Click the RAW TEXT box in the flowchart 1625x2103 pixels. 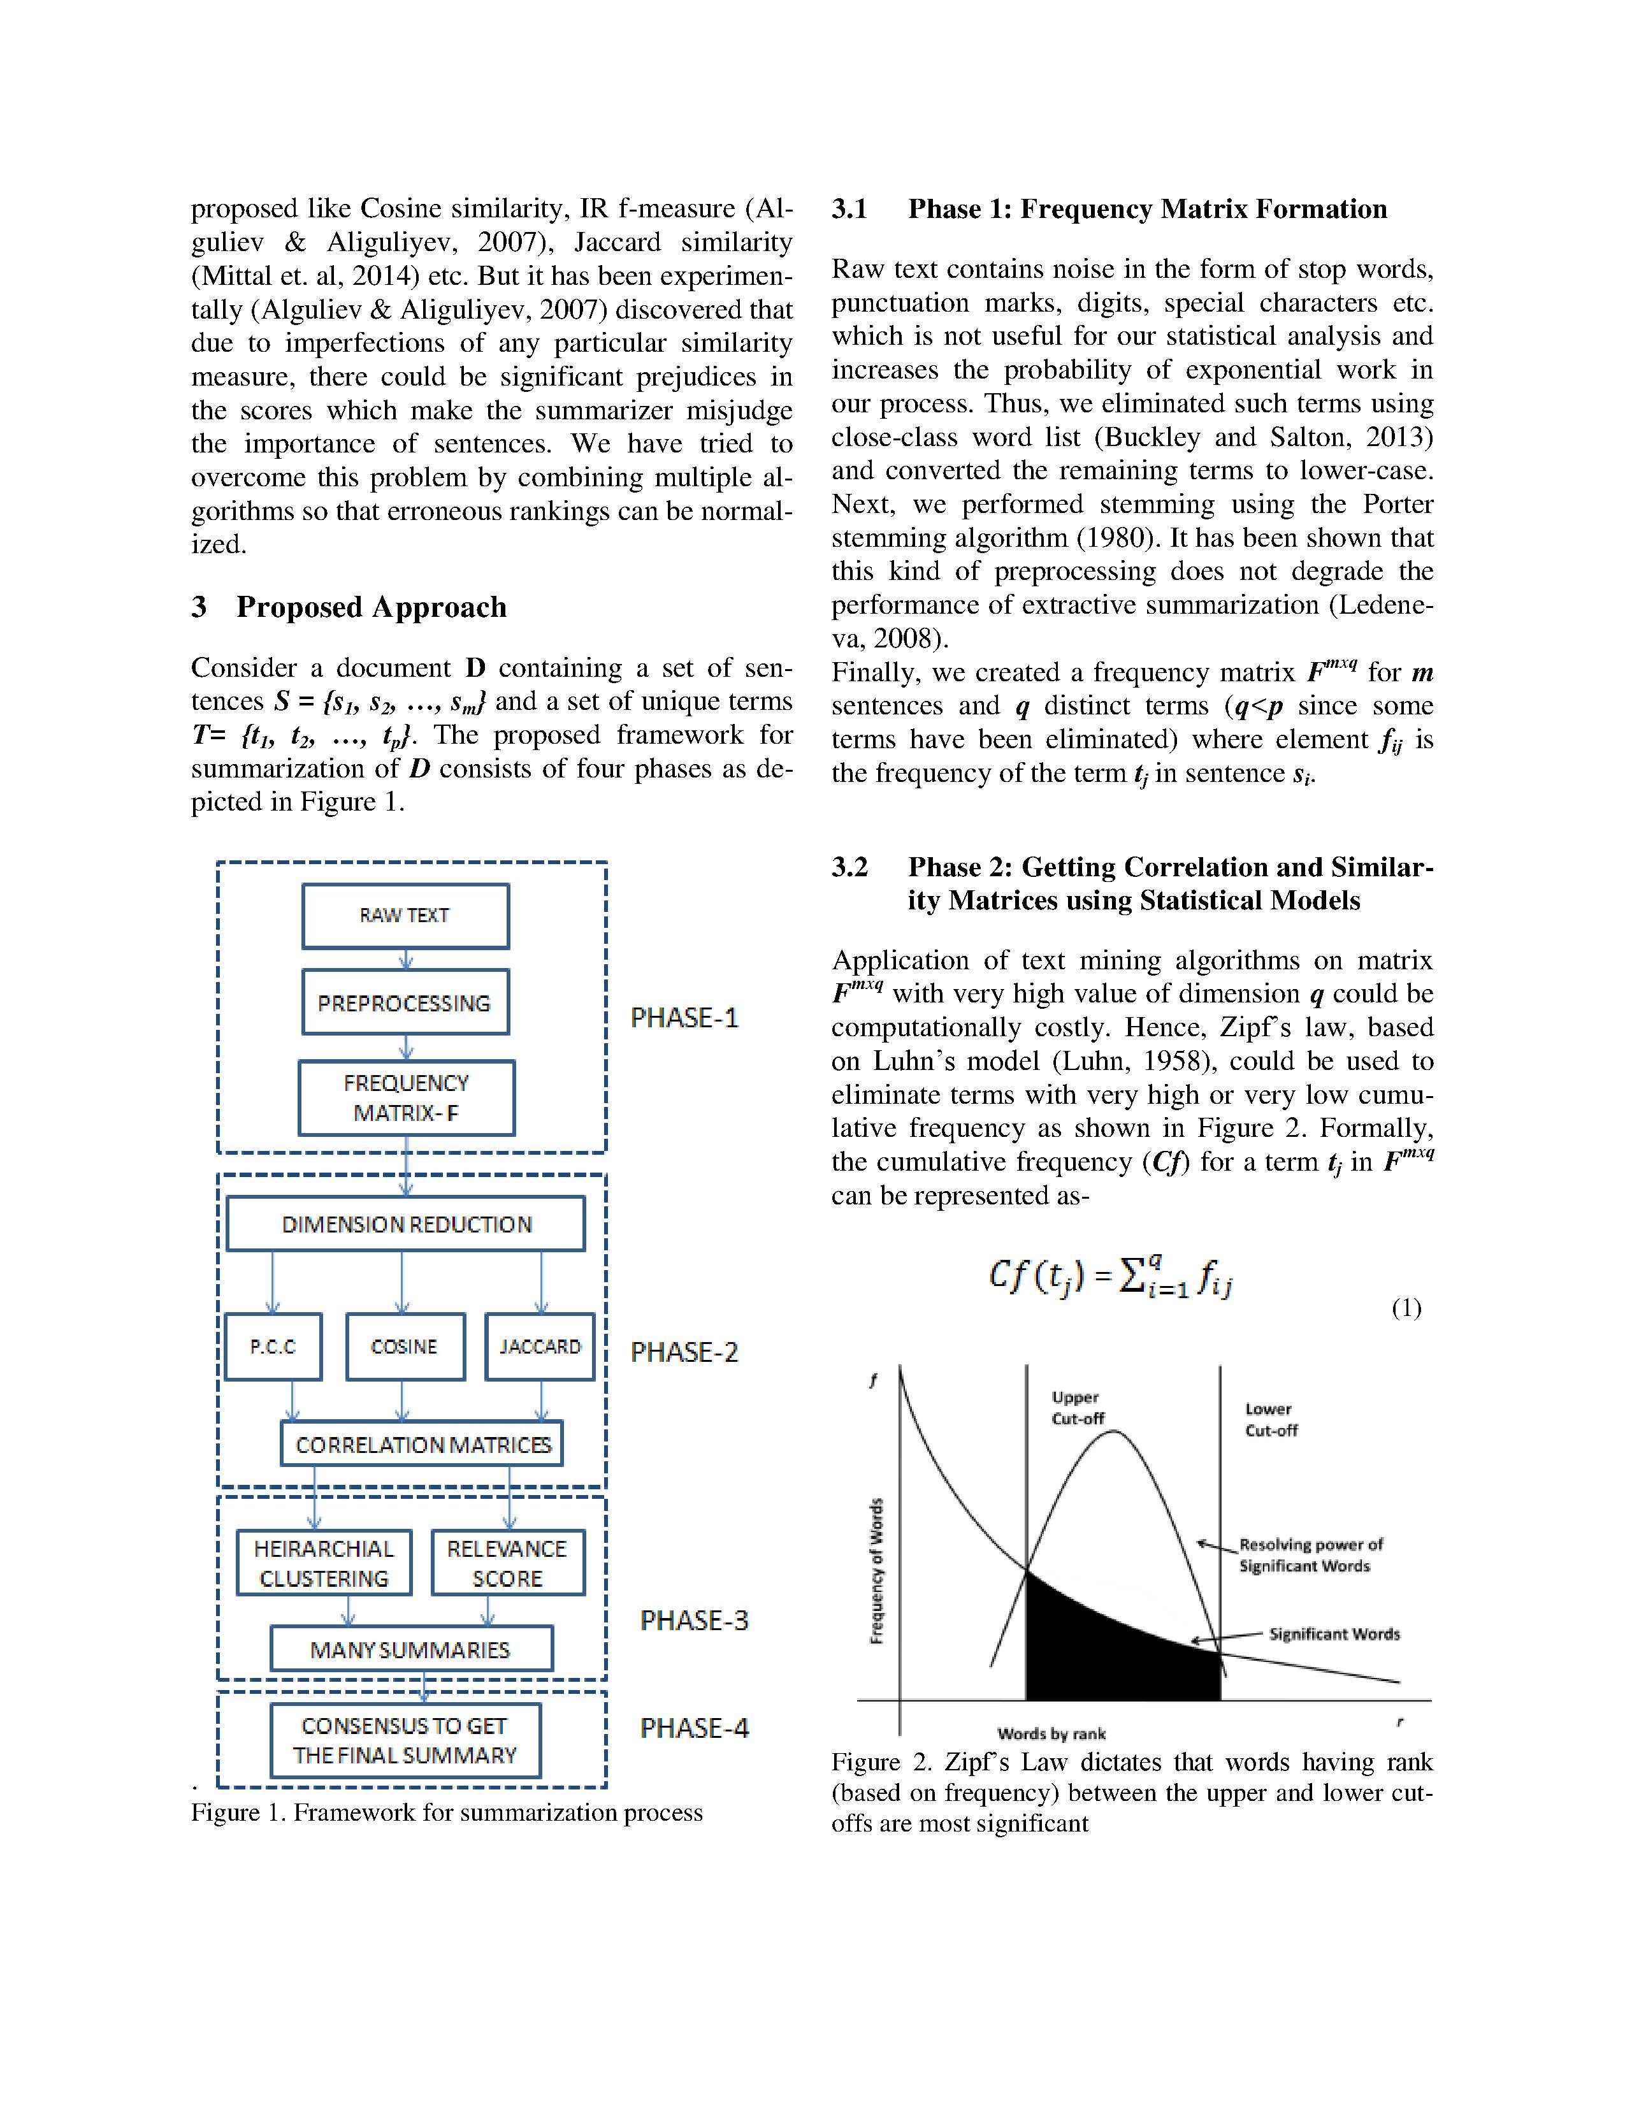tap(405, 916)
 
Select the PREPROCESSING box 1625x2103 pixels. tap(405, 1002)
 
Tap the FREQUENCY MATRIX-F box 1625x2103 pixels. tap(407, 1098)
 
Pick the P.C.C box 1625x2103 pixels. tap(273, 1346)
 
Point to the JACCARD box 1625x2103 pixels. tap(540, 1346)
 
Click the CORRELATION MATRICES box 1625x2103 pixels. tap(422, 1444)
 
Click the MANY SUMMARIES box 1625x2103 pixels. tap(411, 1649)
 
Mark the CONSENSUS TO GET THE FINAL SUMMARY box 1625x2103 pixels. tap(405, 1741)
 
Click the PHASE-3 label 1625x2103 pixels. tap(694, 1621)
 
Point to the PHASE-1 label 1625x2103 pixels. tap(684, 1018)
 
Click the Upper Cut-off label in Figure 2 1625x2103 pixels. tap(1077, 1408)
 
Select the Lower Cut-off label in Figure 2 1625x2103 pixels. tap(1271, 1419)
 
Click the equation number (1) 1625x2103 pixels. tap(1406, 1308)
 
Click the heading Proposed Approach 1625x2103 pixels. tap(371, 607)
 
